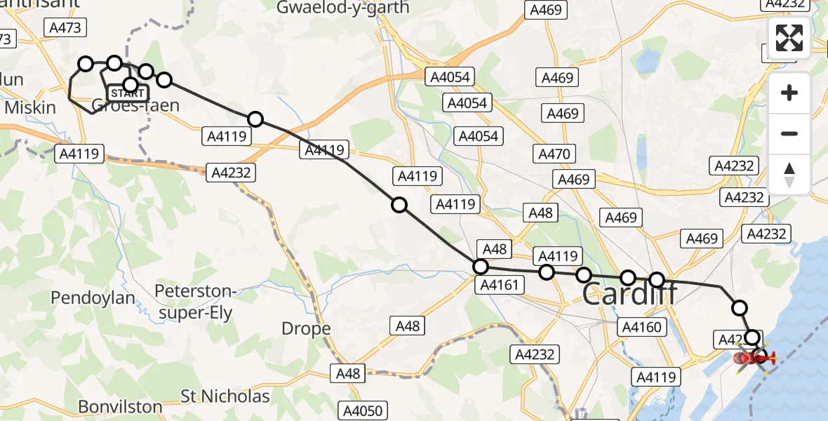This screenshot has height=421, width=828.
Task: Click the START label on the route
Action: point(127,93)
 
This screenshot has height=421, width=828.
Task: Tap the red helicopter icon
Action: point(754,359)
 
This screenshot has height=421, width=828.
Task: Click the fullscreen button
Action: point(789,38)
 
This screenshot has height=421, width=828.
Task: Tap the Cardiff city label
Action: point(630,293)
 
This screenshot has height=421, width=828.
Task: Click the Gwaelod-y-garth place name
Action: point(343,8)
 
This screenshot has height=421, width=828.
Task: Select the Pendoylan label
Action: point(93,298)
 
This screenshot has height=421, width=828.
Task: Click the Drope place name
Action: point(306,328)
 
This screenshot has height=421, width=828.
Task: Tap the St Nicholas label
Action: point(225,396)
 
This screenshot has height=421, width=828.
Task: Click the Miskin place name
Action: point(30,107)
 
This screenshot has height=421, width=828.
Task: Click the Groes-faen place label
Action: point(135,106)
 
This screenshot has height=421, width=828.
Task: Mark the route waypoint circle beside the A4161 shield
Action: point(481,267)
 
